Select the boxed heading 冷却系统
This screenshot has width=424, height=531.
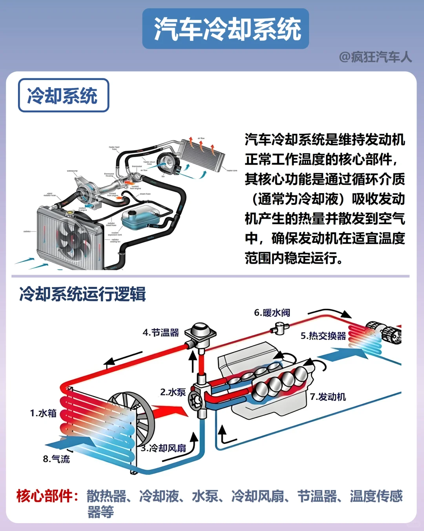pos(63,95)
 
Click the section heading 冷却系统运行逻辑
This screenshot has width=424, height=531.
pos(82,294)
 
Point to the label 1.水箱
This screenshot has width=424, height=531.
pos(43,413)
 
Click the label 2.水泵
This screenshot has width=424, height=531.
pos(173,392)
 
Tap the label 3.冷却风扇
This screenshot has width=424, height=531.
pos(164,448)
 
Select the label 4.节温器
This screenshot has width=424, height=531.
pos(161,333)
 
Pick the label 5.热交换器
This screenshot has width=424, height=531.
pos(323,336)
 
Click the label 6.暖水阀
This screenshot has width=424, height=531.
pos(272,313)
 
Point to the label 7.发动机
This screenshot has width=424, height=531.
pos(328,397)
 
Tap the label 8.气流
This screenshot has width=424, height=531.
pos(56,459)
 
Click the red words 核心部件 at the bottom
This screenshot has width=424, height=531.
pos(44,496)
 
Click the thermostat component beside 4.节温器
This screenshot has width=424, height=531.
pos(200,334)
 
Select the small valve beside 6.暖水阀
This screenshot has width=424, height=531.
pos(280,328)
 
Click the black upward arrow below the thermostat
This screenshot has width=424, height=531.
pos(193,361)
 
